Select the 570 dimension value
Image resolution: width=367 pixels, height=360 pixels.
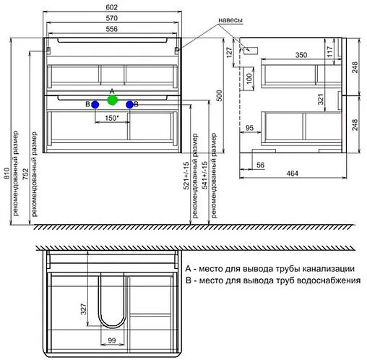pyautogui.click(x=111, y=17)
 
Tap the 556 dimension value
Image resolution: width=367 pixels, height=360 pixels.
pyautogui.click(x=111, y=29)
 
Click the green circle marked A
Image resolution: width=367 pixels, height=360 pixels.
pyautogui.click(x=111, y=100)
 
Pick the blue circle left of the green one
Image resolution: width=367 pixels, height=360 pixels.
pyautogui.click(x=94, y=105)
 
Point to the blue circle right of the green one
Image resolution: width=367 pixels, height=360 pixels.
pyautogui.click(x=129, y=105)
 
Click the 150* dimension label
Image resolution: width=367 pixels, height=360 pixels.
pyautogui.click(x=111, y=117)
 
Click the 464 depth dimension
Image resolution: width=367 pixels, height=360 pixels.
pyautogui.click(x=292, y=174)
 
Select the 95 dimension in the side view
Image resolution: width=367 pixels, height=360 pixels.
pyautogui.click(x=249, y=129)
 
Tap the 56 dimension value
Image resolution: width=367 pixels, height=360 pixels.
pyautogui.click(x=262, y=164)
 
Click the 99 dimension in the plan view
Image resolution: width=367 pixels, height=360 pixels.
pyautogui.click(x=111, y=341)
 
